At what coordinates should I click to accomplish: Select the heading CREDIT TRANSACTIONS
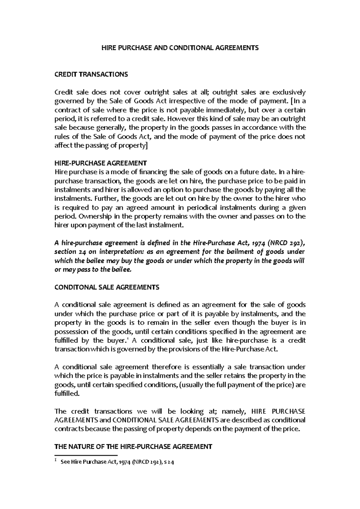[x=91, y=74]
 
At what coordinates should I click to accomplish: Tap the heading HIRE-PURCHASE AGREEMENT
[x=100, y=163]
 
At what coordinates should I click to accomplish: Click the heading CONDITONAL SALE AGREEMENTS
[x=106, y=287]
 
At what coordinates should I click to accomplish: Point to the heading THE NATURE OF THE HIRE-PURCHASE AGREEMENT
[x=133, y=447]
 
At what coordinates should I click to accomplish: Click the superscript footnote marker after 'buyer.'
[x=128, y=339]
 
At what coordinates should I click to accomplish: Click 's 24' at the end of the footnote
[x=169, y=462]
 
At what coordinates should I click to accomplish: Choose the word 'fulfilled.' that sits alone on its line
[x=67, y=394]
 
